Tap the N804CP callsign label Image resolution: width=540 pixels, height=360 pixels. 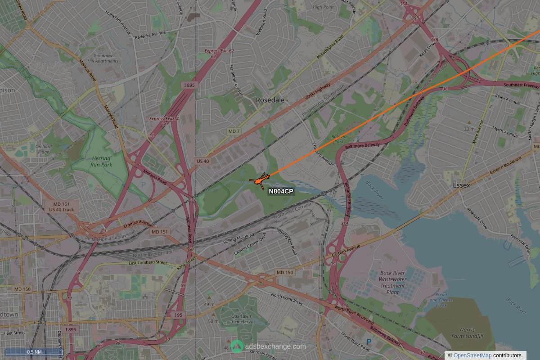pos(281,192)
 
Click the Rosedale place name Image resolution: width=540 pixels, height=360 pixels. pos(270,100)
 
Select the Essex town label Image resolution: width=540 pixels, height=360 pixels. pos(461,185)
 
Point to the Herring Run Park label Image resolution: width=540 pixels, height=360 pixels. pos(101,162)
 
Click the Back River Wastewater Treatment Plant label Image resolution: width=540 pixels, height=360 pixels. pos(392,282)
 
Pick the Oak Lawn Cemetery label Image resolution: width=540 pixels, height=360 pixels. pos(241,319)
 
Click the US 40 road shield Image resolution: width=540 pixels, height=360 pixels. pos(202,161)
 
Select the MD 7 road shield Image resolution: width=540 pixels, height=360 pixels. pos(233,131)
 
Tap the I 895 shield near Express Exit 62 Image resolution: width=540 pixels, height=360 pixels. pos(189,85)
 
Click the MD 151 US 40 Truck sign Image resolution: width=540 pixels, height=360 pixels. pos(62,207)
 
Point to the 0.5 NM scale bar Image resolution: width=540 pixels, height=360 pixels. pos(34,352)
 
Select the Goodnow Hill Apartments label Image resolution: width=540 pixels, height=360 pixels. pos(103,58)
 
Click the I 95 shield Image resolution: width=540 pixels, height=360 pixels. pos(178,315)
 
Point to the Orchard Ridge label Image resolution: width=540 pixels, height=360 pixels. pos(44,149)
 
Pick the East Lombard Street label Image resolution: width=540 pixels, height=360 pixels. pos(148,263)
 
